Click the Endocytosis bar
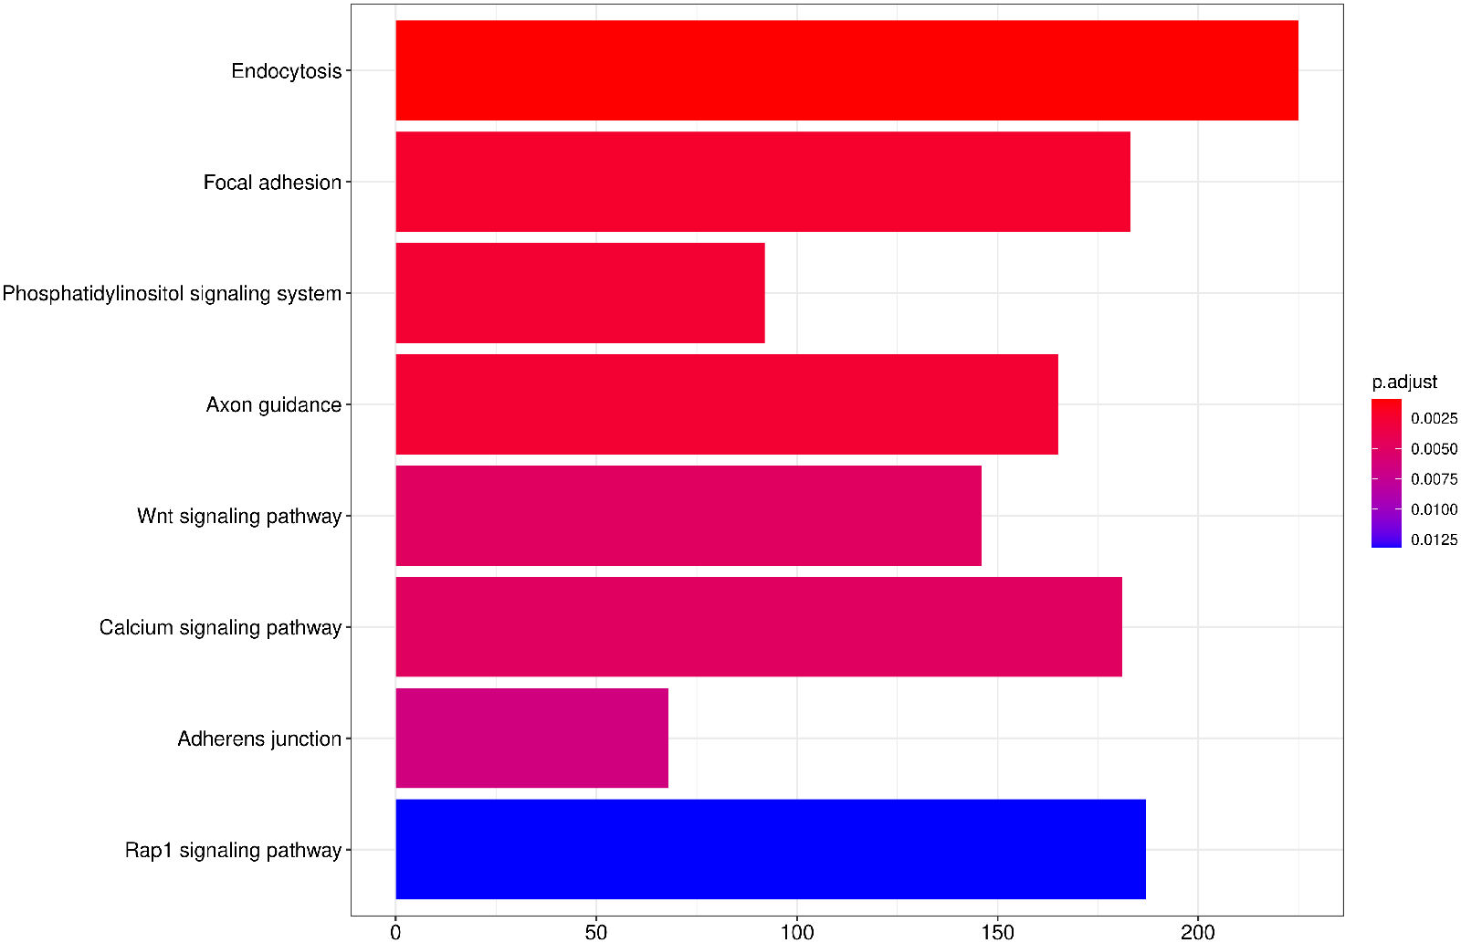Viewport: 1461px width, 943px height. tap(846, 70)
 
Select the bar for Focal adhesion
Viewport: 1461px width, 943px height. tap(762, 182)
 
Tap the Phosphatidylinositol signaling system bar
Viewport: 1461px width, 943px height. tap(580, 293)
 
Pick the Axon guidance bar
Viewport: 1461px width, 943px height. tap(727, 404)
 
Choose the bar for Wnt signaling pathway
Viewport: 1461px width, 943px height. tap(688, 516)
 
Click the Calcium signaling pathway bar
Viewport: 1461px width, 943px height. tap(759, 627)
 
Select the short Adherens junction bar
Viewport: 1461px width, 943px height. tap(531, 739)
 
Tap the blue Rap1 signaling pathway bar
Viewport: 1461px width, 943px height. tap(771, 850)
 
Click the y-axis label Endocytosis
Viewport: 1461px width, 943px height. tap(286, 71)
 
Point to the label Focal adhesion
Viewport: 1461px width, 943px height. tap(272, 183)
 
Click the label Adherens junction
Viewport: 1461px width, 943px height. tap(259, 739)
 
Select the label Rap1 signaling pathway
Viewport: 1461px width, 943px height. tap(233, 851)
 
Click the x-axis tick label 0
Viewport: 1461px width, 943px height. tap(395, 932)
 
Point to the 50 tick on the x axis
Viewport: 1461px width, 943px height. tap(596, 932)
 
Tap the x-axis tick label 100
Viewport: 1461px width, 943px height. tap(797, 932)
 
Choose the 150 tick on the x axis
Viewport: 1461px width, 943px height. tap(997, 932)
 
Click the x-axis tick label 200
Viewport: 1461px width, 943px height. tap(1198, 932)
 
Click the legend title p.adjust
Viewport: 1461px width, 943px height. tap(1404, 382)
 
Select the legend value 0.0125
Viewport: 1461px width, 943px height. tap(1434, 540)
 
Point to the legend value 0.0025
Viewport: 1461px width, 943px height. tap(1434, 418)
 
